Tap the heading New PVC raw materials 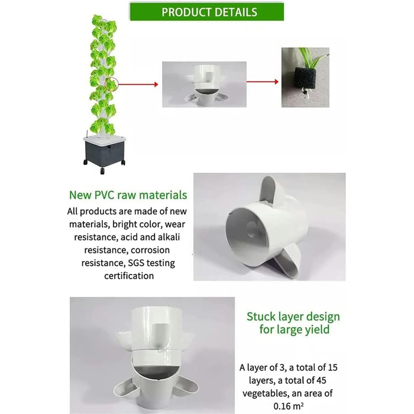[128, 195]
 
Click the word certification [129, 276]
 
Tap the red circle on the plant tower [111, 85]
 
